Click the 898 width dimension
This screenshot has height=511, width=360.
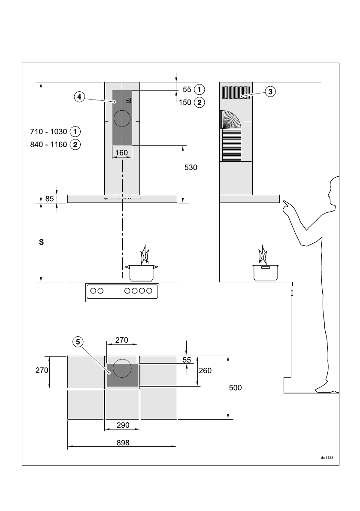pos(123,442)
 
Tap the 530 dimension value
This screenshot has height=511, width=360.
pos(190,167)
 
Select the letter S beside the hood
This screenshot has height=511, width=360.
pos(41,242)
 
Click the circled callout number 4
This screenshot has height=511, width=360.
pos(79,97)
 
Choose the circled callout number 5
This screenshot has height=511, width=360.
pos(78,342)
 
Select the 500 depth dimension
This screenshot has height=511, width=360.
pos(235,387)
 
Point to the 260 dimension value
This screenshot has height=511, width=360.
pos(205,370)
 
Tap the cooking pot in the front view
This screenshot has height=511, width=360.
pos(141,272)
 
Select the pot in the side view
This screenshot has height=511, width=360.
pos(266,272)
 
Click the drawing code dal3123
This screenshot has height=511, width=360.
pos(327,457)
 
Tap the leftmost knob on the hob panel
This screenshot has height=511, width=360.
pos(93,291)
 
